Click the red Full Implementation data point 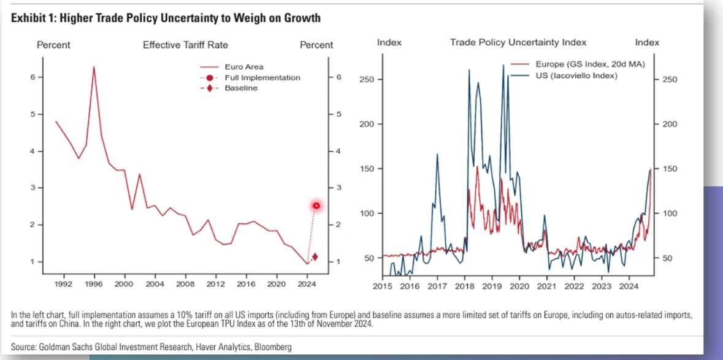click(316, 205)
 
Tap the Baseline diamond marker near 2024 click(315, 257)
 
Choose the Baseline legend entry click(240, 88)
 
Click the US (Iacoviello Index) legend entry click(576, 75)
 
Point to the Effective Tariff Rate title click(185, 45)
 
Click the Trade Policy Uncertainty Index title click(518, 42)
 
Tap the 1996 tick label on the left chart click(94, 285)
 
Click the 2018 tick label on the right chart click(464, 286)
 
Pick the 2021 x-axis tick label click(546, 286)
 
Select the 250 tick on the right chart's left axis click(367, 80)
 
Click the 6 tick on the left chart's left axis click(31, 77)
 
